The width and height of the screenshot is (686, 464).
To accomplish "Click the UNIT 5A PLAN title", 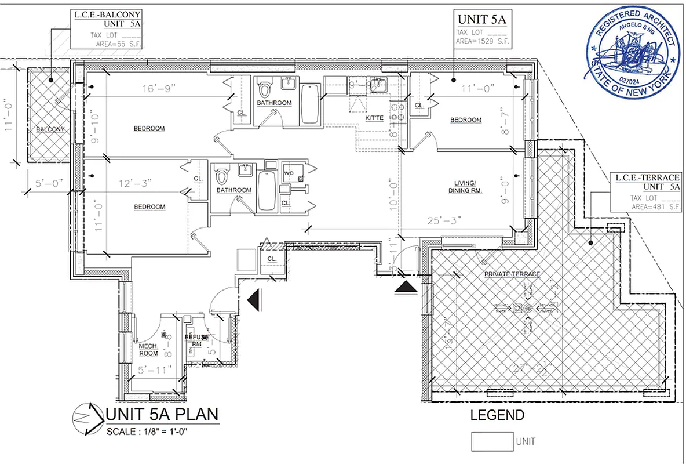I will tap(163, 415).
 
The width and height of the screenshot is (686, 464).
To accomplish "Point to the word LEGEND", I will tap(497, 415).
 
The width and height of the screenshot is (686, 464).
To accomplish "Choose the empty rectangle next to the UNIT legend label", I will tap(491, 441).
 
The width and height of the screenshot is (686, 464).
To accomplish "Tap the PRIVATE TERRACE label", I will tap(512, 274).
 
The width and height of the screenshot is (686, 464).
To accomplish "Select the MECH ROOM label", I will tap(148, 350).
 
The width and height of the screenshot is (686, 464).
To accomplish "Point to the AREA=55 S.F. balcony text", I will tap(116, 43).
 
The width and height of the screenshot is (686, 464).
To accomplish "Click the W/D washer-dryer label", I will tap(288, 173).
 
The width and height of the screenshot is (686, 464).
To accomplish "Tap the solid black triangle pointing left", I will tap(253, 299).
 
